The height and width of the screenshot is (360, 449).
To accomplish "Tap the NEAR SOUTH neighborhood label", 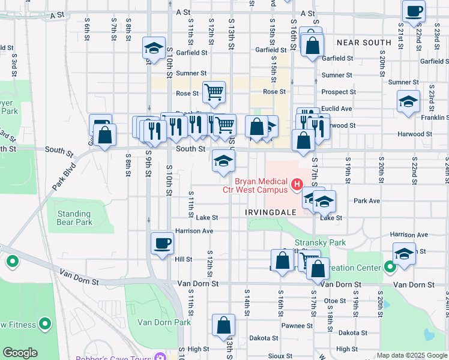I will point(364,43).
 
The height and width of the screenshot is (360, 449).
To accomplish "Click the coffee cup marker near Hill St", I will point(163,244).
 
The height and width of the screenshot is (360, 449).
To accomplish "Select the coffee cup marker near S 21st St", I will point(415,11).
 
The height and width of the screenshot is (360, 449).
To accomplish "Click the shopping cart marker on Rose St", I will point(214,92).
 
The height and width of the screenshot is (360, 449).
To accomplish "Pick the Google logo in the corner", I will point(20,353).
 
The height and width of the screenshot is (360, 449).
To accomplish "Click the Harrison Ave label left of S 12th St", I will point(194,230).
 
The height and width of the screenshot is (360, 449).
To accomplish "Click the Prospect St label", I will point(339,92).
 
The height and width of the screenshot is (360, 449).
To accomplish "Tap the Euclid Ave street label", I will point(337,109).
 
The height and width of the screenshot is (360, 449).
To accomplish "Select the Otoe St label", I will point(335,301).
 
